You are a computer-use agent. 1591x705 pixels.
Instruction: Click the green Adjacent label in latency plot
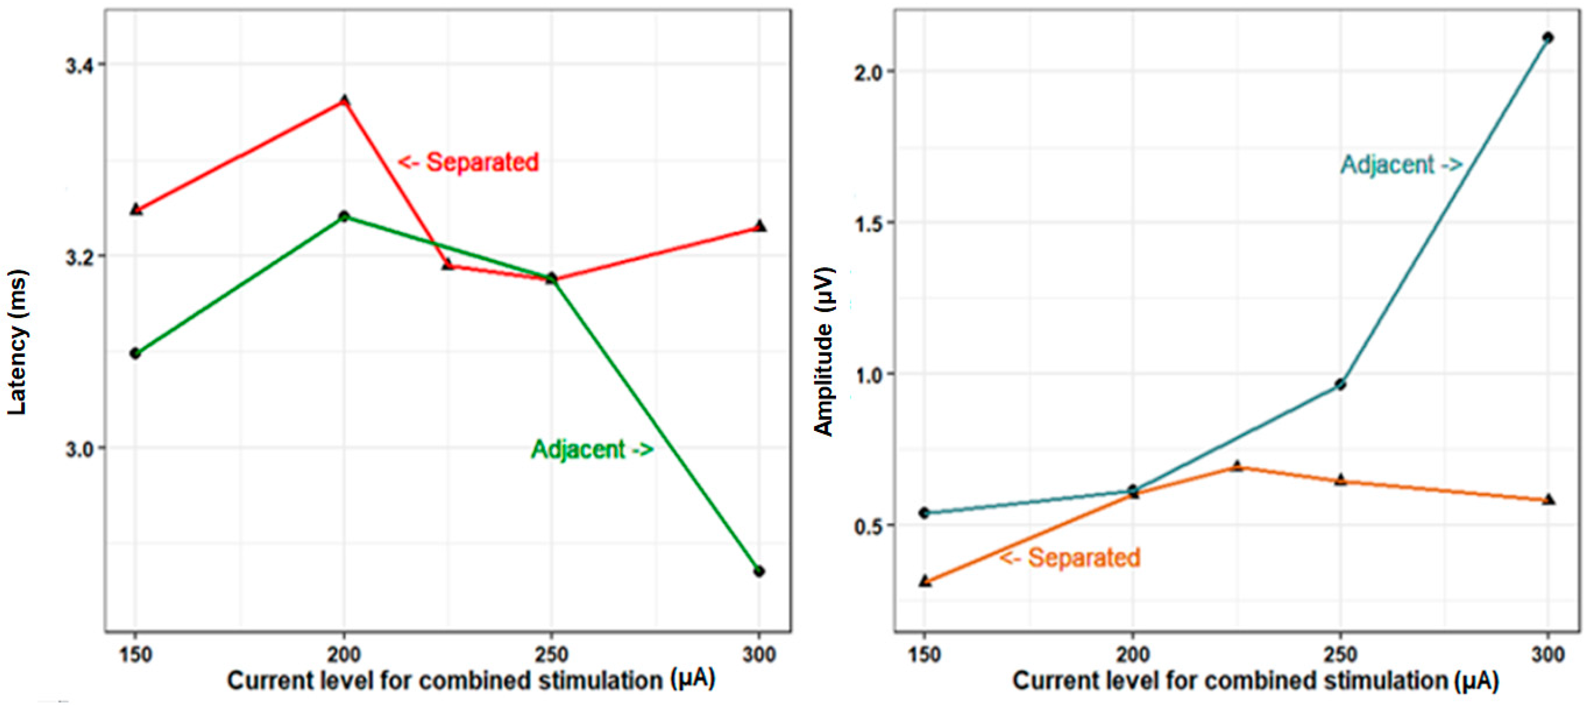pyautogui.click(x=592, y=449)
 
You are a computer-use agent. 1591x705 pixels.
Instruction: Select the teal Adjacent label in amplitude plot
pyautogui.click(x=1401, y=165)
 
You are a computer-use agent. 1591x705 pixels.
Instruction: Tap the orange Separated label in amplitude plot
pyautogui.click(x=1070, y=557)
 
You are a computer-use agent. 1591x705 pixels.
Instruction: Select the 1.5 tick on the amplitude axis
pyautogui.click(x=866, y=223)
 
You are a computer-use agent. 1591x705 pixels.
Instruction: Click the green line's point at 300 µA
pyautogui.click(x=759, y=571)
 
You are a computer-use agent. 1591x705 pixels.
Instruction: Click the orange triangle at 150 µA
pyautogui.click(x=925, y=580)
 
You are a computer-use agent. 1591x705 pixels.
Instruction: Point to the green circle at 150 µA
pyautogui.click(x=135, y=353)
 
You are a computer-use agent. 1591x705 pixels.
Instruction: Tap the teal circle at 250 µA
pyautogui.click(x=1340, y=384)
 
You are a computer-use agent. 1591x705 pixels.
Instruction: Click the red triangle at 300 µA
pyautogui.click(x=760, y=226)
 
